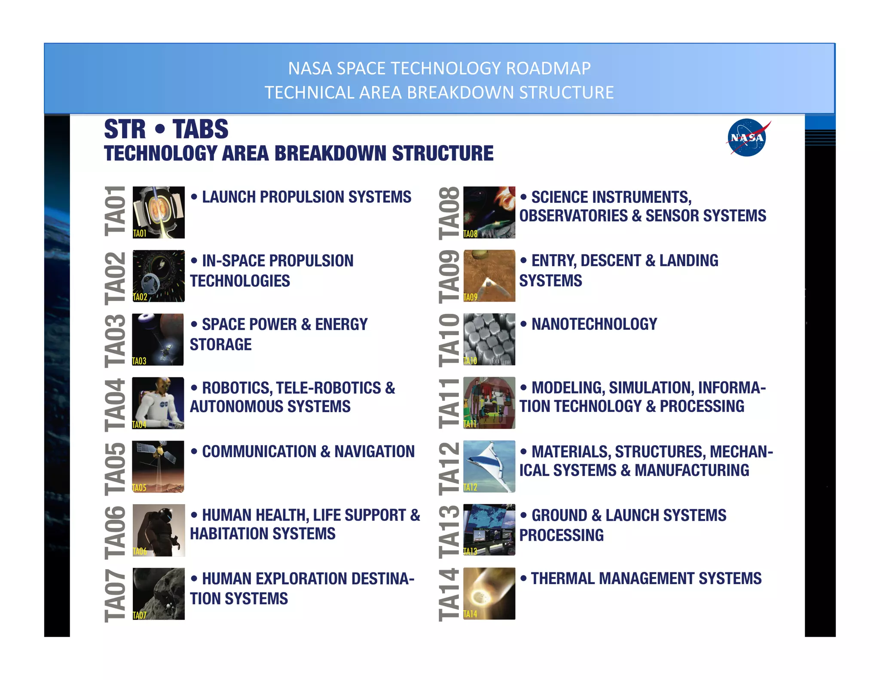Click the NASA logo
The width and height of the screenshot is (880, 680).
point(747,138)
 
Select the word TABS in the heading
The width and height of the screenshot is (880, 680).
point(200,129)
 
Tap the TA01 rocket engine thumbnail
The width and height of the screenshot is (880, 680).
point(159,212)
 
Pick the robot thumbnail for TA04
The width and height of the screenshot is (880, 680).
point(158,403)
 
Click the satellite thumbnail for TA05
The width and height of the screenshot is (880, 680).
point(158,466)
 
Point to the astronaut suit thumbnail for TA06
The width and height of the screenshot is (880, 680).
point(159,530)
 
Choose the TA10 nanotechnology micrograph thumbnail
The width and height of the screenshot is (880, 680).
point(489,339)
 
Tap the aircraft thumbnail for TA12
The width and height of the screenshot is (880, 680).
point(489,466)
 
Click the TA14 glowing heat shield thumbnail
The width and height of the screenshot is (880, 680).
point(489,593)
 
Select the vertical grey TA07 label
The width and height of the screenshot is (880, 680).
point(115,595)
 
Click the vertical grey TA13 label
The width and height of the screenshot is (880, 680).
point(449,531)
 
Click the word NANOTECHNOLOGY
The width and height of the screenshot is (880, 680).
point(594,324)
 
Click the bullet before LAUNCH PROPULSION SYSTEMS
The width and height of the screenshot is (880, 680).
point(194,197)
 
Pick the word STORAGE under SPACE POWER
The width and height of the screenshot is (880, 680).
point(221,345)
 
